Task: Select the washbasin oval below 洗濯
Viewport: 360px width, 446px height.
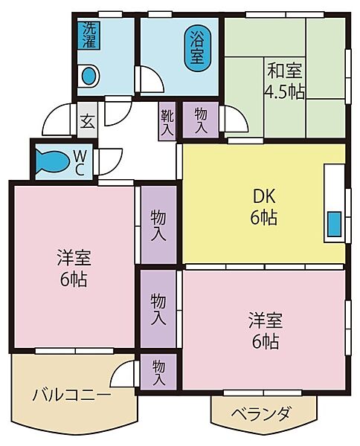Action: coord(90,76)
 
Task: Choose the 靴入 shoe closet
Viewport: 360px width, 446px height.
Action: coord(166,121)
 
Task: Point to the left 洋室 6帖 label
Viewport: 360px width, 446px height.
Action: coord(72,269)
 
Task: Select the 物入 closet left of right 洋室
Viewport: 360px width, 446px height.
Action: coord(158,310)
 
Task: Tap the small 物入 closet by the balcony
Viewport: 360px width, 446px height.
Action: coord(158,372)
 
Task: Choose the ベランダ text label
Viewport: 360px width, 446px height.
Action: coord(260,413)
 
